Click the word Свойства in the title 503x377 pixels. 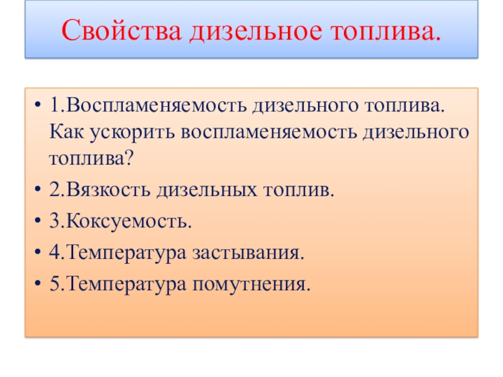point(121,30)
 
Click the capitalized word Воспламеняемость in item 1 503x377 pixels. point(157,105)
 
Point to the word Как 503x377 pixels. point(67,131)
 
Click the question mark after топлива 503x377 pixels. point(129,158)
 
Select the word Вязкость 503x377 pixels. point(108,189)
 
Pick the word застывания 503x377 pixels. point(246,253)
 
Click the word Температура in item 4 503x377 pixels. point(127,253)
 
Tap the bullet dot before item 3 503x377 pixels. point(38,221)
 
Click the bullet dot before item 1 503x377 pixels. point(38,104)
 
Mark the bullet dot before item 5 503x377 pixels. point(38,283)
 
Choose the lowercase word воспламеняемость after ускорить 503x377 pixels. point(269,133)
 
